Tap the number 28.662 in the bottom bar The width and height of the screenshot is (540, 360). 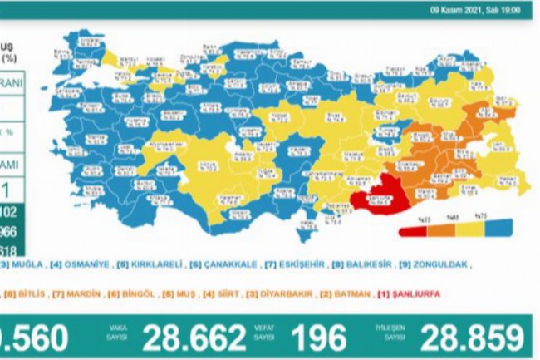point(192,338)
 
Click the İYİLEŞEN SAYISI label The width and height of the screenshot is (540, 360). point(398,333)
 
